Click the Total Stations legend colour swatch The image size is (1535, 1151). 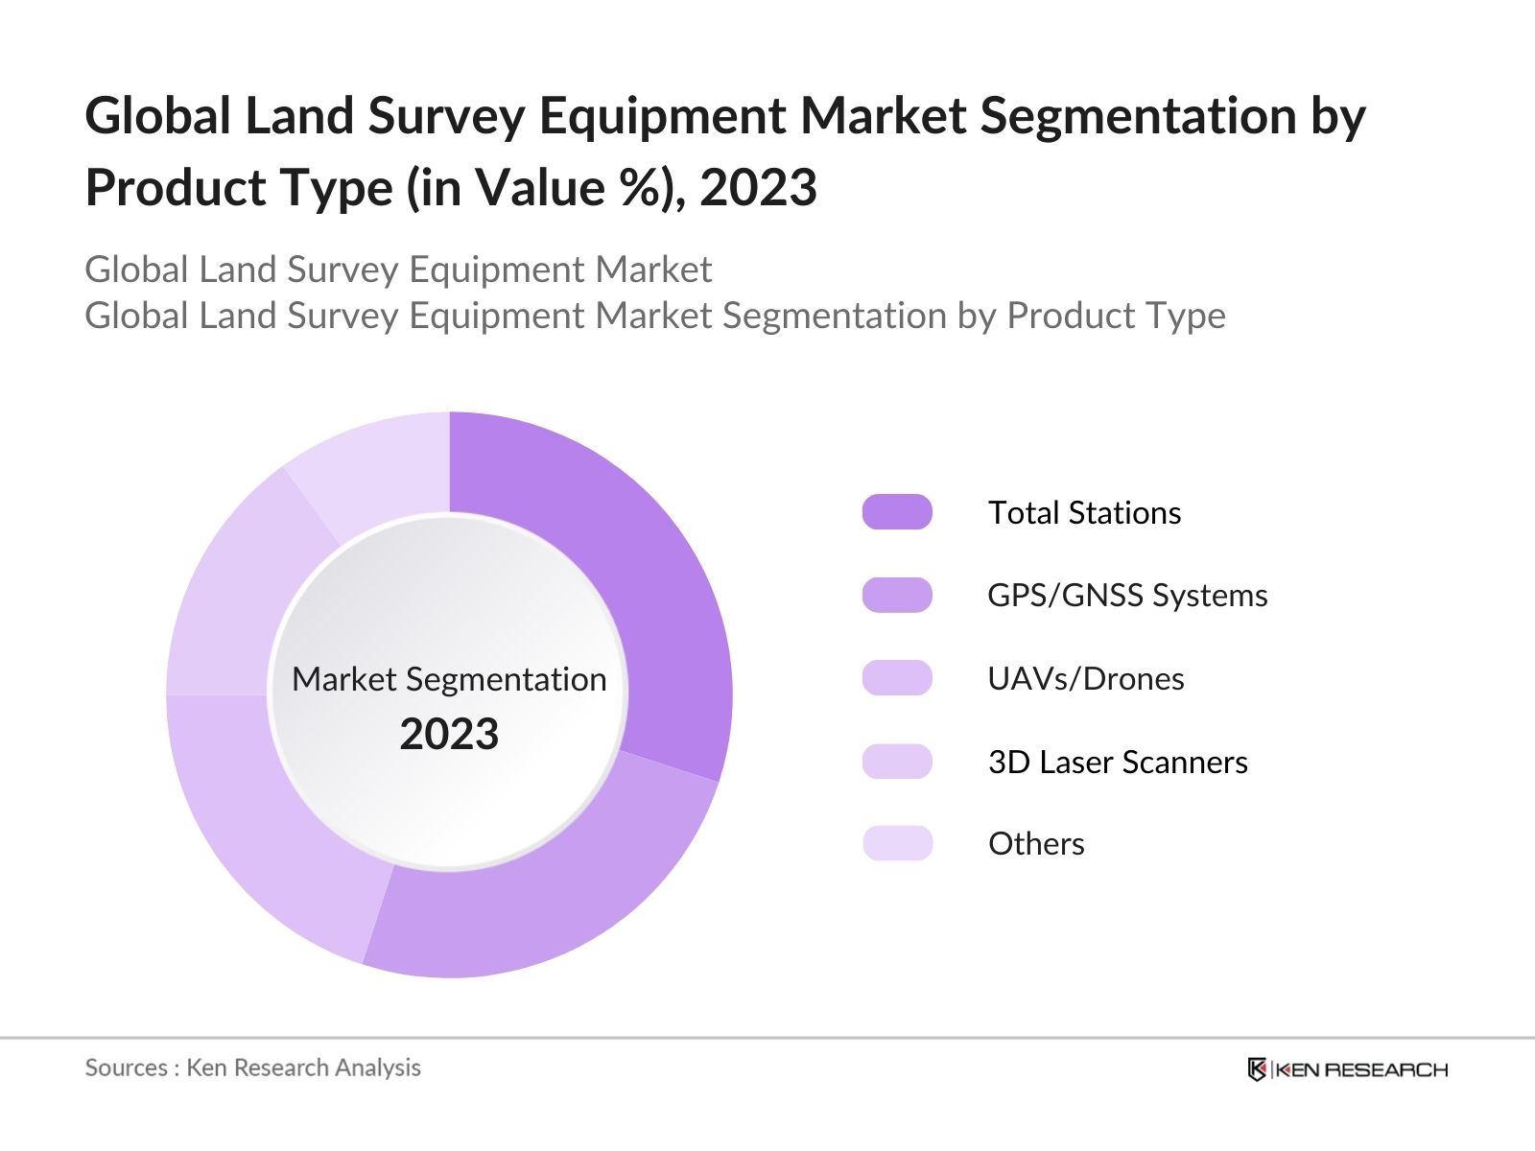click(x=897, y=512)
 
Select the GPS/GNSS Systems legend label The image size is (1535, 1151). click(x=1127, y=596)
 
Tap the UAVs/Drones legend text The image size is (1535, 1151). click(x=1086, y=679)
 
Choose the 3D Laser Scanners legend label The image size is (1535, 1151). click(x=1118, y=763)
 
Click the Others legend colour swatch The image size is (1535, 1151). click(x=897, y=843)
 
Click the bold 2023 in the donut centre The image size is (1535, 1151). click(x=449, y=735)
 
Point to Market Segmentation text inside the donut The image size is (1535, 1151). click(x=449, y=679)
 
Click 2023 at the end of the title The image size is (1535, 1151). click(x=758, y=188)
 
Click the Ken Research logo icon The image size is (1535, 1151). click(x=1257, y=1069)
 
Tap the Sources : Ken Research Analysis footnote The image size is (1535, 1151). click(x=253, y=1068)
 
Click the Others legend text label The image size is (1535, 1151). click(x=1036, y=844)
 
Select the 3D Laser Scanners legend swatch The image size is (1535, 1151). click(x=897, y=762)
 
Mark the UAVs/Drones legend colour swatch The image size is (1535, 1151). click(x=897, y=678)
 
